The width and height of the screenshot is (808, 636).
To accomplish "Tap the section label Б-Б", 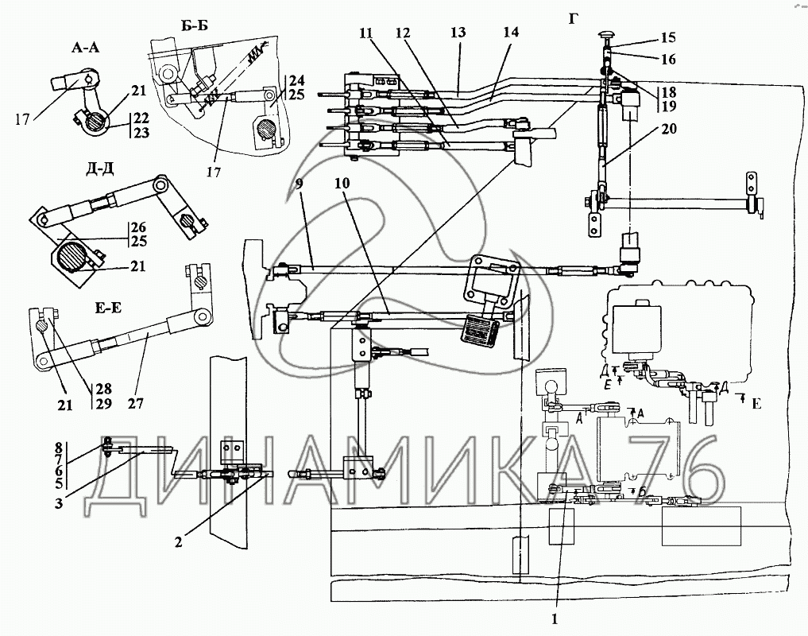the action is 191,25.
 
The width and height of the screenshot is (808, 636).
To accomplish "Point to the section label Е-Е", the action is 108,308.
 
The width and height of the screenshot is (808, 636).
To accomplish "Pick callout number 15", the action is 668,38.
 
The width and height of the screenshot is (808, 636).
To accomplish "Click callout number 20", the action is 668,129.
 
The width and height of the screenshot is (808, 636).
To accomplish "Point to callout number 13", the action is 458,33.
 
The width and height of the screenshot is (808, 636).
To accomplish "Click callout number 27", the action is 136,403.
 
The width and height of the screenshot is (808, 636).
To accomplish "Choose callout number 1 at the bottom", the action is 555,619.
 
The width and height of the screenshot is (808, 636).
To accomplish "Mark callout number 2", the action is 178,543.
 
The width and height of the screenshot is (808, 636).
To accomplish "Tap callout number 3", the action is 59,502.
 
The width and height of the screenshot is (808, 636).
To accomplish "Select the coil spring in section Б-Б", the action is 257,52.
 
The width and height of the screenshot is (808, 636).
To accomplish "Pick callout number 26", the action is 139,227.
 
